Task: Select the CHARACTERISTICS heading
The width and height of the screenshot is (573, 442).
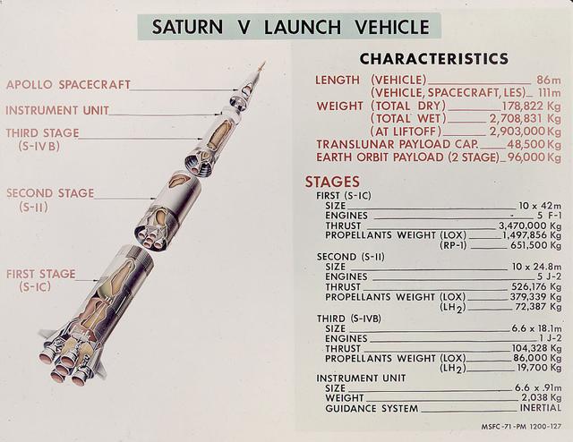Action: (433, 60)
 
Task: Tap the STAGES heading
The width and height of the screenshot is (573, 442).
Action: (332, 182)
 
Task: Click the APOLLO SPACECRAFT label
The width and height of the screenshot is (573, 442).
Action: (68, 85)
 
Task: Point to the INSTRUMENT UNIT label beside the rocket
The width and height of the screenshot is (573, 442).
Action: (57, 111)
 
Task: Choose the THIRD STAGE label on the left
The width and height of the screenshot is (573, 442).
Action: (42, 133)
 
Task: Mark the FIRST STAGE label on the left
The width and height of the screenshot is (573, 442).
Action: (40, 274)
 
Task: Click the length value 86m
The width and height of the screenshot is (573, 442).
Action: (547, 80)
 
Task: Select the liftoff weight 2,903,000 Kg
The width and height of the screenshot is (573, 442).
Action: (525, 131)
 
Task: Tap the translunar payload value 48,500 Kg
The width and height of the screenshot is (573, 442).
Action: (534, 144)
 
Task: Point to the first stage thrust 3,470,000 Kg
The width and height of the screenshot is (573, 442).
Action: (530, 225)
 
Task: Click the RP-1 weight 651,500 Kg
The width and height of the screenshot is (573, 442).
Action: (535, 245)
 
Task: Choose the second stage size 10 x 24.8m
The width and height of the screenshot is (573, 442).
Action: (536, 267)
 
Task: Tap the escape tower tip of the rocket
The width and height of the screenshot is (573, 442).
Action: (261, 64)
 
